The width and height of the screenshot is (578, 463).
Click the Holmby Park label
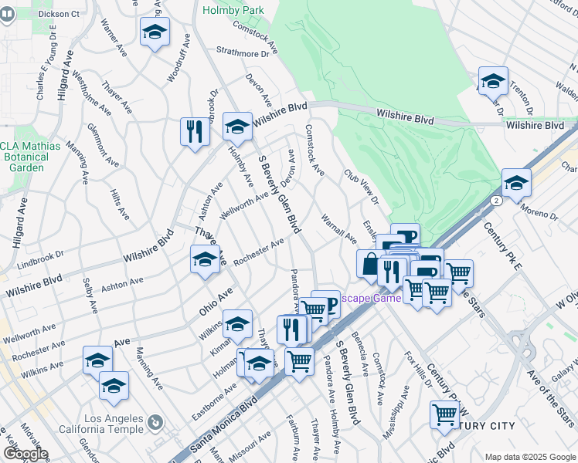pyautogui.click(x=233, y=10)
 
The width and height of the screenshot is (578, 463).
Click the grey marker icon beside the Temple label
pyautogui.click(x=156, y=422)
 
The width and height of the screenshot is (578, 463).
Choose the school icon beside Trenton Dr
pyautogui.click(x=492, y=81)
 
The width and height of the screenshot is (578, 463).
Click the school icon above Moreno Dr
pyautogui.click(x=516, y=183)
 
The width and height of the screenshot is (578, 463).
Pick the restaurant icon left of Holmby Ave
pyautogui.click(x=193, y=130)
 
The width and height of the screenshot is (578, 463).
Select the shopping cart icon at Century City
pyautogui.click(x=445, y=414)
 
